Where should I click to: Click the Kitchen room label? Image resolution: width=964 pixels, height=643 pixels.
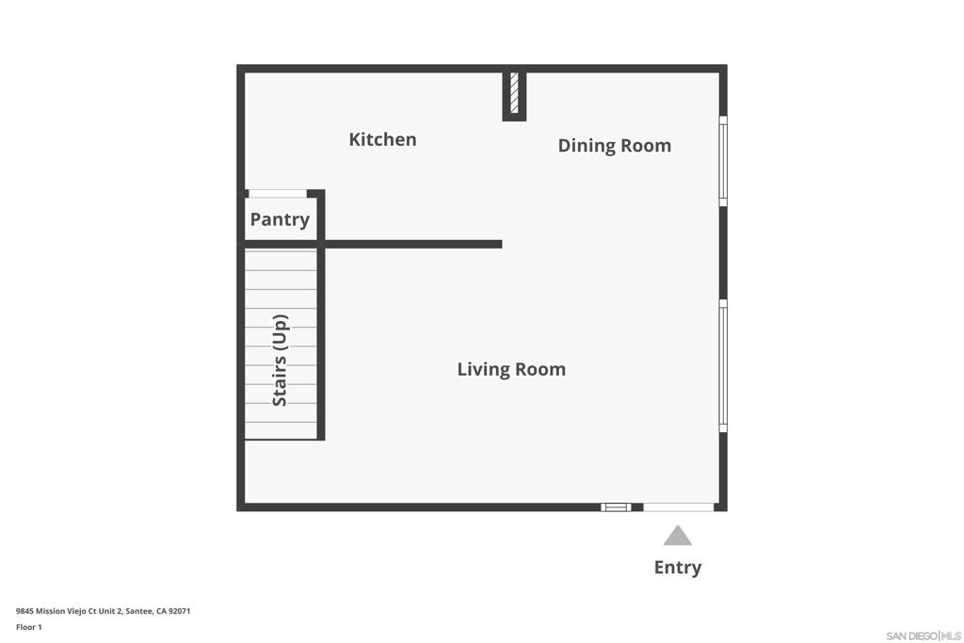(382, 139)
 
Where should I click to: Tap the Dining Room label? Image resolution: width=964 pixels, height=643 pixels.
(614, 146)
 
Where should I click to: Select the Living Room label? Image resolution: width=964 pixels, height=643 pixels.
(511, 369)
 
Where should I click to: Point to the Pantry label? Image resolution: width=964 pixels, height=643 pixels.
(280, 219)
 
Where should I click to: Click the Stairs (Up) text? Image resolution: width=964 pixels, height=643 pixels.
(280, 361)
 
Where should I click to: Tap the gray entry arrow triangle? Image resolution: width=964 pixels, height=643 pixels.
(678, 536)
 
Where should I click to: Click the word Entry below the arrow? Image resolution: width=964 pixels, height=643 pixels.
(678, 568)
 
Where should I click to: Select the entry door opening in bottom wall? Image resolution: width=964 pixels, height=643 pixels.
(678, 507)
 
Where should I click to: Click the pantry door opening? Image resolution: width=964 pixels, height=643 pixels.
(278, 194)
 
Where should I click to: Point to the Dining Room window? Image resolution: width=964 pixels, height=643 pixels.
(723, 161)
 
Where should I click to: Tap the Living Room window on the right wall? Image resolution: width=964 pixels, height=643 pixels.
(723, 366)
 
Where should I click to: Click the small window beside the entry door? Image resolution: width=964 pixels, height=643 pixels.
(616, 507)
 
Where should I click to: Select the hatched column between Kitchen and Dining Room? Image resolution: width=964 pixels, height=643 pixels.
(515, 93)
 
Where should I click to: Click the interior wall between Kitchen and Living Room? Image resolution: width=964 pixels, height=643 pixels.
(413, 245)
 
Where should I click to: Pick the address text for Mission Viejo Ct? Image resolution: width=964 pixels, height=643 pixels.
(104, 611)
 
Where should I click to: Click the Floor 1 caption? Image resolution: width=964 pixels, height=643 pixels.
(29, 627)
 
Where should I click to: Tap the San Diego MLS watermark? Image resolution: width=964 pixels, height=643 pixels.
(924, 635)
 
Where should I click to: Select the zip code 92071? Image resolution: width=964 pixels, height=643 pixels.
(180, 611)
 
